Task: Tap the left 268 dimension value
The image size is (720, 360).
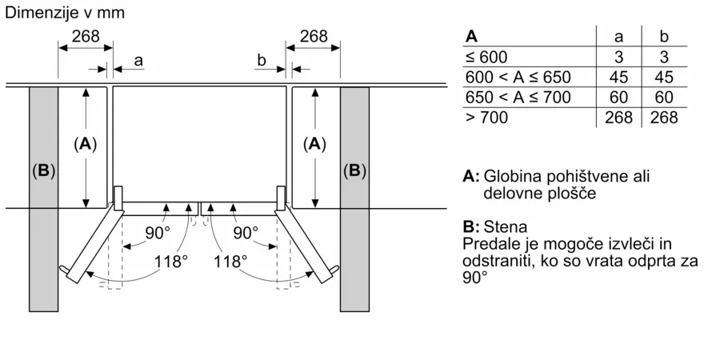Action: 86,36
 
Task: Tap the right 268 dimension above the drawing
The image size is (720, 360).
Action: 314,36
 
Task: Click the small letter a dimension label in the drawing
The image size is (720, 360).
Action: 138,60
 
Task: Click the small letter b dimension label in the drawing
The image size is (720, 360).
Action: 262,60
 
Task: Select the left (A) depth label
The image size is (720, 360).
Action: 85,145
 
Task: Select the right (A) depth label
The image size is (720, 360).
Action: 314,145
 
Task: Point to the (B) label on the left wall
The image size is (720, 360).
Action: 44,171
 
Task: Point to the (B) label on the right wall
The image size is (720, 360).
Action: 355,171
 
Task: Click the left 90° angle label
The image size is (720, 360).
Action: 158,234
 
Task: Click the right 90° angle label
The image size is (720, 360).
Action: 246,234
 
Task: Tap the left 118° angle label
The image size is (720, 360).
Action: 171,262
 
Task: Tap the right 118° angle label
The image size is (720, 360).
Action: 230,262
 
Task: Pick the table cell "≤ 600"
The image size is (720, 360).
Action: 486,57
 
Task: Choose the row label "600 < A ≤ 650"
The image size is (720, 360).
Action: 518,77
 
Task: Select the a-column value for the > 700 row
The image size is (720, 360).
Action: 618,118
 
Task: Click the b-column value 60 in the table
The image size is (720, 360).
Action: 664,98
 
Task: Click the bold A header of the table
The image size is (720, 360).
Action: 471,37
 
